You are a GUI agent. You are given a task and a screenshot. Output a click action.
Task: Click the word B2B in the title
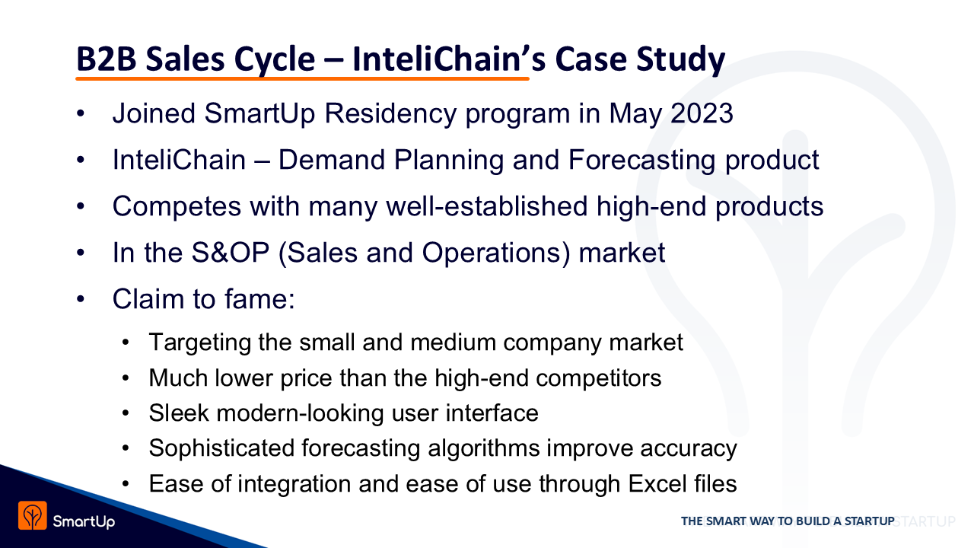point(106,59)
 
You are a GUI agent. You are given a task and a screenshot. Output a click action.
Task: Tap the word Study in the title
point(680,60)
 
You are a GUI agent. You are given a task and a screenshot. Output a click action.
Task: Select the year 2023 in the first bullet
point(702,113)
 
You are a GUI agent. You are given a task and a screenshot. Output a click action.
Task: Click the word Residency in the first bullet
point(390,114)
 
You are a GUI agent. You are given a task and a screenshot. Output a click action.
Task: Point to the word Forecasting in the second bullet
point(641,161)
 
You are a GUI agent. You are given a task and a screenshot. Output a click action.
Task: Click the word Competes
point(177,207)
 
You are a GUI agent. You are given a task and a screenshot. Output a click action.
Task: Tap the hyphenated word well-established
point(487,206)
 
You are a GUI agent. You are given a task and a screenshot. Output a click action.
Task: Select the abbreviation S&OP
point(231,253)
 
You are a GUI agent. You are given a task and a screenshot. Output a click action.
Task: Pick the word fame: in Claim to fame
point(259,299)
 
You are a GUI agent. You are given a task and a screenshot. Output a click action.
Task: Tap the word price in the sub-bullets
point(306,379)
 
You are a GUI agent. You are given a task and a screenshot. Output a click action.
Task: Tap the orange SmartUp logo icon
point(33,516)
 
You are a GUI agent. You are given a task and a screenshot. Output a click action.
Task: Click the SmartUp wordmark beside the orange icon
point(84,521)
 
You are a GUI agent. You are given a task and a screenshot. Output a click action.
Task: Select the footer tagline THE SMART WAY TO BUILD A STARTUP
point(788,521)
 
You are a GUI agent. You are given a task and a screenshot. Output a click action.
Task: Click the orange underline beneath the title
point(302,78)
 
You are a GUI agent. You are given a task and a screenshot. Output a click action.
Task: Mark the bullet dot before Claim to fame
point(81,299)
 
